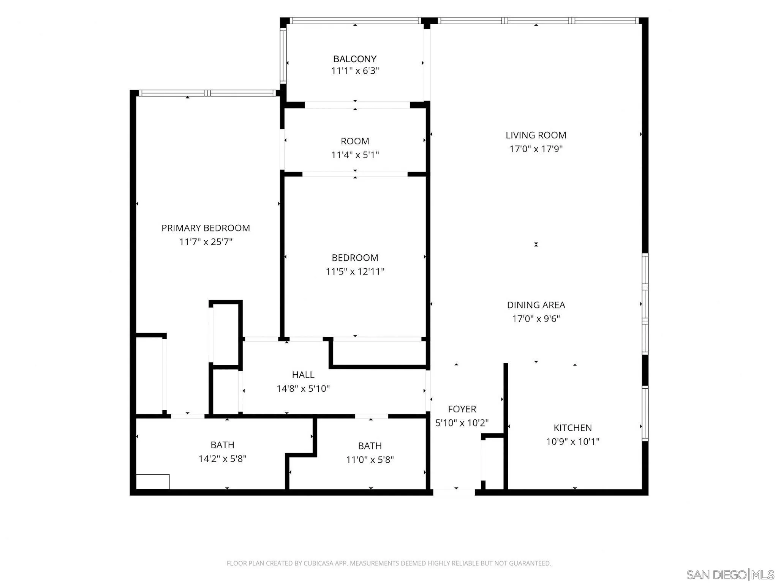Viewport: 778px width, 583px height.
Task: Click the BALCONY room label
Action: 355,59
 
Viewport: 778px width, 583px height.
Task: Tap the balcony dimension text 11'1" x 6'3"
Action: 355,71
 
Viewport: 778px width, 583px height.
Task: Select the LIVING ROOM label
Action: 536,135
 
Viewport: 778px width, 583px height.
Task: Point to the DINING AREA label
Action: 536,305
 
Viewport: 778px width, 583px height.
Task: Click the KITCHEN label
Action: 572,428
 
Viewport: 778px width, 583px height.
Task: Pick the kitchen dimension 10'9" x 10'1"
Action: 572,441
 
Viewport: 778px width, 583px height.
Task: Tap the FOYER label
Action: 462,409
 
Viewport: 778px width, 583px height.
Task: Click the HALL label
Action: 303,375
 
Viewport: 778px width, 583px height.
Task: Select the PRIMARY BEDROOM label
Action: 206,228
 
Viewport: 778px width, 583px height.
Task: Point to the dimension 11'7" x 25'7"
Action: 206,242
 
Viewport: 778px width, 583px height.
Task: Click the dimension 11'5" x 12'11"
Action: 355,271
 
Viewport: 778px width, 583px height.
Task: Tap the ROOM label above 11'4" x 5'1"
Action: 355,141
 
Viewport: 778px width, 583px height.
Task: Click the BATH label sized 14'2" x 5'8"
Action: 222,445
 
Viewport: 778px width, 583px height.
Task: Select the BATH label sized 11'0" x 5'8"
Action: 370,446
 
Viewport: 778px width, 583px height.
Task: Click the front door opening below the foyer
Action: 454,492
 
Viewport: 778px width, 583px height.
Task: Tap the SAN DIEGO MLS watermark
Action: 730,575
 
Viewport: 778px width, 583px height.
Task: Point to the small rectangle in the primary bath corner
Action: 153,482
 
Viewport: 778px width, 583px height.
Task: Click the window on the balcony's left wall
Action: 283,56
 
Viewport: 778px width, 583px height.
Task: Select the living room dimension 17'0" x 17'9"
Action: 536,149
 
